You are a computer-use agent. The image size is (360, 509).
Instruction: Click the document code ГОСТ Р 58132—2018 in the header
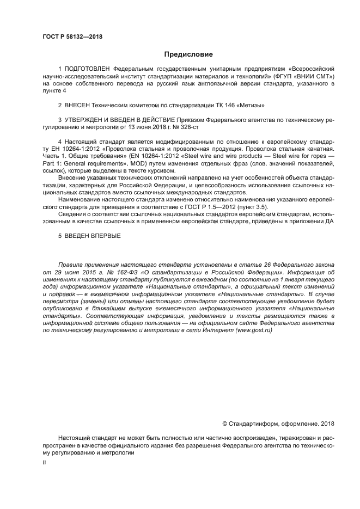(72, 37)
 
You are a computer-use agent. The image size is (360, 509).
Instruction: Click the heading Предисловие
(188, 54)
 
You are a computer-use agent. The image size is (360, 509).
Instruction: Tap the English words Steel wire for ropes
(300, 156)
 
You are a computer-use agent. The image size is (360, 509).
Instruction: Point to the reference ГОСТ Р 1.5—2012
(213, 206)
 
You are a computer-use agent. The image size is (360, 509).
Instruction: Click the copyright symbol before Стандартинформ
(225, 424)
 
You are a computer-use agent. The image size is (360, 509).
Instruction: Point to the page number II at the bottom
(44, 462)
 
